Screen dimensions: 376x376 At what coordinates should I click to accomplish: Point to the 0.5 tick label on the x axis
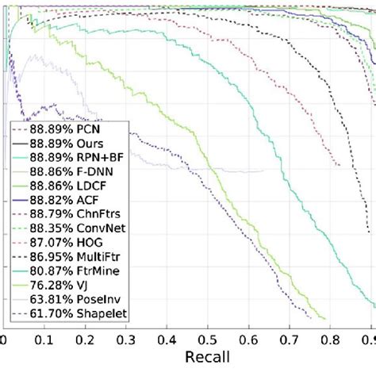coord(207,338)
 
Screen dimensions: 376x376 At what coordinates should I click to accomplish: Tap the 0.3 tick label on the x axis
coord(125,338)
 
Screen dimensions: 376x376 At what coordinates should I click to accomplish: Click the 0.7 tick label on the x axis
coord(289,338)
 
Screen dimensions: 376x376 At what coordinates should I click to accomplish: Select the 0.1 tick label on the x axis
coord(44,338)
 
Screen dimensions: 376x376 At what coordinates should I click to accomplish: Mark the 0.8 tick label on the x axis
coord(330,338)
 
